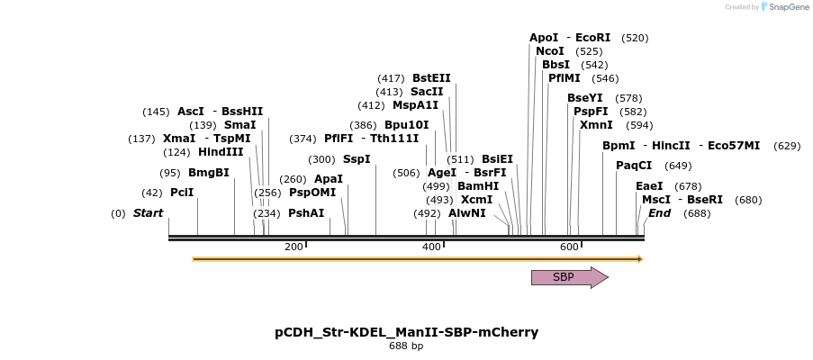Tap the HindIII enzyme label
[x=221, y=152]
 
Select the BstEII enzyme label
[x=431, y=78]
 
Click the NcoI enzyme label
[x=550, y=51]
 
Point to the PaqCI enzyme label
[x=634, y=166]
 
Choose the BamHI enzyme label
[x=477, y=186]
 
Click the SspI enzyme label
[x=357, y=159]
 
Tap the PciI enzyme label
[x=182, y=193]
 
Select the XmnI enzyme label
[x=596, y=125]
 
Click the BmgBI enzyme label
[x=209, y=173]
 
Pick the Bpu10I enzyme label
[x=407, y=125]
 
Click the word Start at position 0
[x=148, y=213]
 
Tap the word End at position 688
[x=659, y=213]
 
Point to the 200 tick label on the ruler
[x=294, y=247]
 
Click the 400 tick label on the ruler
[x=431, y=247]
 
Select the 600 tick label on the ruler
[x=569, y=247]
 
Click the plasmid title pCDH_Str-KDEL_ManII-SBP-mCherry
[x=406, y=332]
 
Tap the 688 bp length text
[x=406, y=346]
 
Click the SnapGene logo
[x=781, y=7]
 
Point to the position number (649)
[x=678, y=166]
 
